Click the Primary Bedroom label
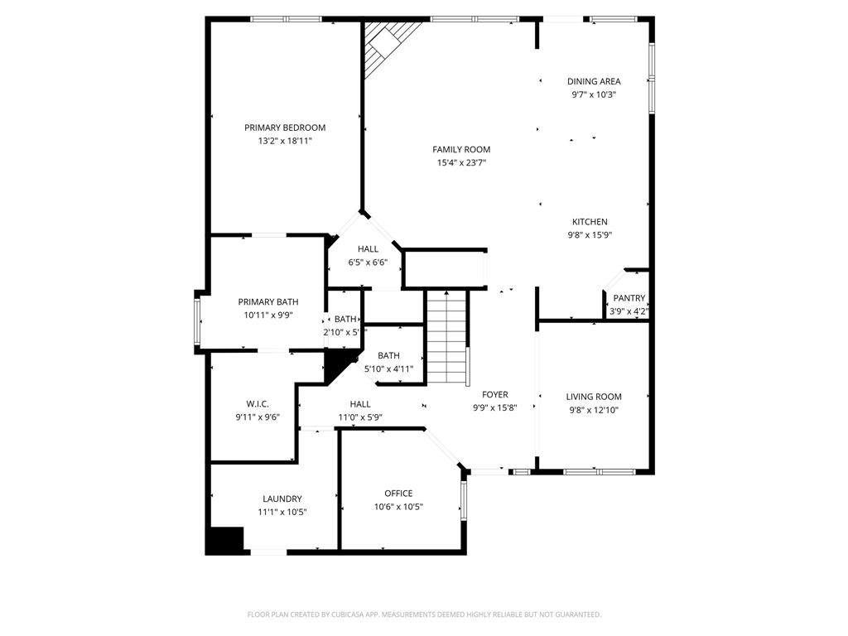[x=285, y=128]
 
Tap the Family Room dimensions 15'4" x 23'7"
[x=461, y=163]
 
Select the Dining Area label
[x=594, y=81]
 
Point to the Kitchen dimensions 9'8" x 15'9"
[x=590, y=235]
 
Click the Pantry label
[x=629, y=298]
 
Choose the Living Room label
[x=594, y=397]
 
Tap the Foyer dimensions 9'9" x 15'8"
[x=495, y=408]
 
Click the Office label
[x=398, y=494]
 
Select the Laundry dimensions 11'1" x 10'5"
[x=282, y=512]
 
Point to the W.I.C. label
[x=258, y=404]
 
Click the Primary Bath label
[x=268, y=301]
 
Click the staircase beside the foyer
[x=446, y=337]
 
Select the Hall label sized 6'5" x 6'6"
[x=368, y=248]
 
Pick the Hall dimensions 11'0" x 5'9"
[x=360, y=417]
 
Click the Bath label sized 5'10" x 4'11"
[x=389, y=355]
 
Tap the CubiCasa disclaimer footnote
[x=424, y=614]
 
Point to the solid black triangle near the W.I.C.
[x=338, y=364]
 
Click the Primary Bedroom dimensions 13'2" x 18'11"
[x=285, y=141]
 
